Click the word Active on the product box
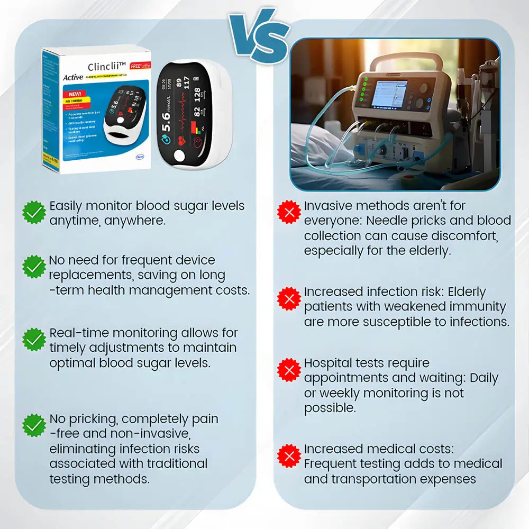click(72, 77)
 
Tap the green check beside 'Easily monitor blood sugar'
click(34, 212)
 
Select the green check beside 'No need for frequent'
click(34, 267)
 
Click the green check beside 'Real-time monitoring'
click(34, 339)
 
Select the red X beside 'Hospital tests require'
click(289, 370)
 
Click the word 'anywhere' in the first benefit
click(135, 221)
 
